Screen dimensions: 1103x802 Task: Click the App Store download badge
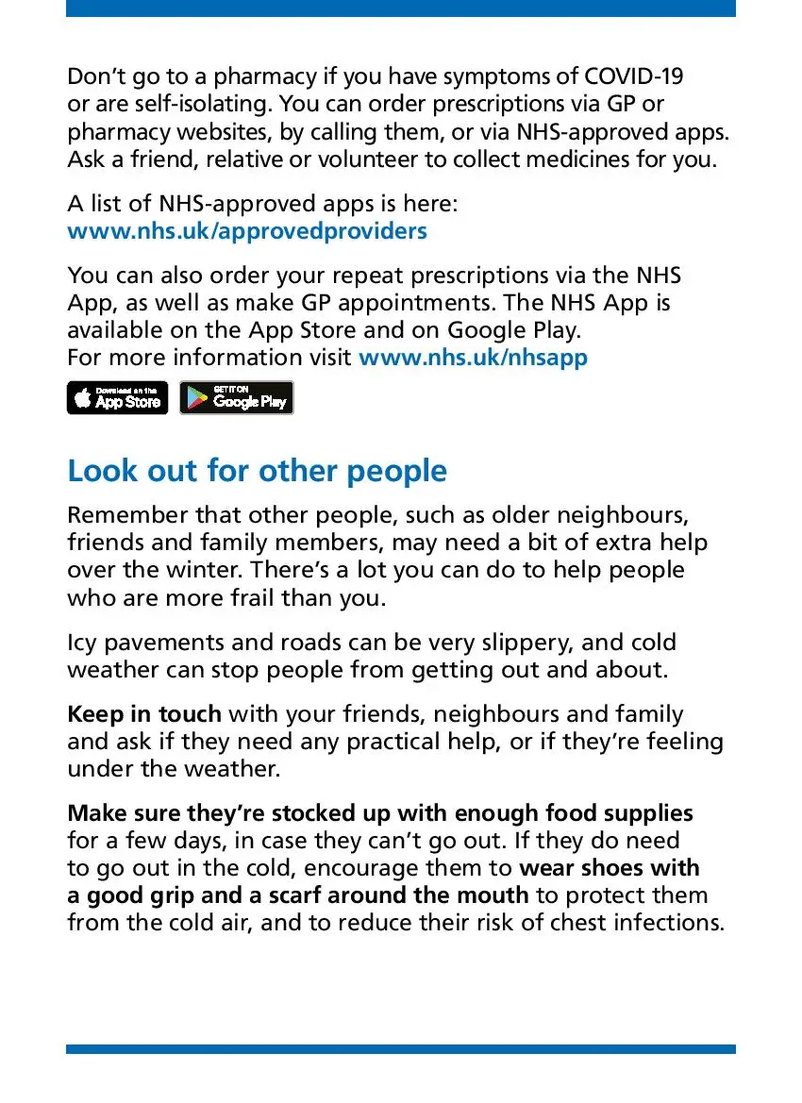click(117, 398)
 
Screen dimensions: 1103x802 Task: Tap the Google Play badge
click(236, 398)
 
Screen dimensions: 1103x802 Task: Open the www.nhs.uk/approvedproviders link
click(247, 230)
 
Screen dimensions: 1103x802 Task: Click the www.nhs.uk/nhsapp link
click(474, 358)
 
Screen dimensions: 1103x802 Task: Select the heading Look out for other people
click(257, 471)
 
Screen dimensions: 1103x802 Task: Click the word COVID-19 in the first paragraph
click(634, 75)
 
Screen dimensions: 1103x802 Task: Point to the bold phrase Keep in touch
click(144, 714)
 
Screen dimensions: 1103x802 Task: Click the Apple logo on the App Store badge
click(83, 399)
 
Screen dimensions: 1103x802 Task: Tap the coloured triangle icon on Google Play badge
click(196, 399)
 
